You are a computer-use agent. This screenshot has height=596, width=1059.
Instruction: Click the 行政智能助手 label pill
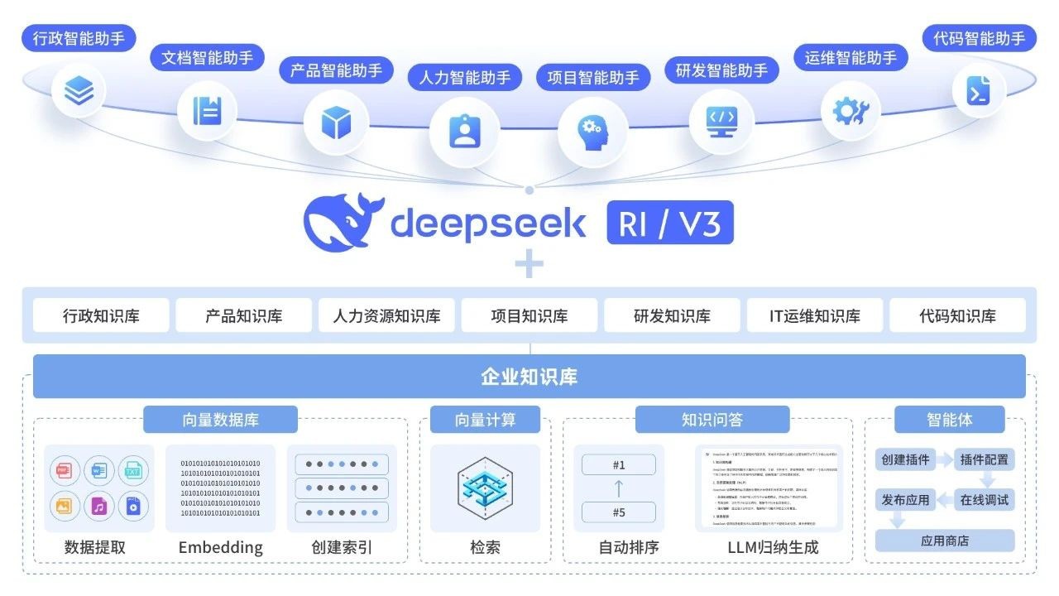tap(78, 38)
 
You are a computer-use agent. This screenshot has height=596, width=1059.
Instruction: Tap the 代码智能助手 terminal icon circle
tap(978, 90)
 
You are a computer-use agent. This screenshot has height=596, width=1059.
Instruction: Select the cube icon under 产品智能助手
tap(336, 123)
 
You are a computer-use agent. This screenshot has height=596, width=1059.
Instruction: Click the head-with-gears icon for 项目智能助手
tap(592, 131)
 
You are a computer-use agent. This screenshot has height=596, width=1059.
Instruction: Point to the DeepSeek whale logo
tap(342, 222)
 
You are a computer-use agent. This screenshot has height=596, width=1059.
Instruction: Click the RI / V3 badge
tap(670, 223)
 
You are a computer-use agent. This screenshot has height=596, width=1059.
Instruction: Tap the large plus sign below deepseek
tap(529, 265)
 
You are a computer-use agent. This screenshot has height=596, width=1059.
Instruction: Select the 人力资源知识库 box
tap(386, 315)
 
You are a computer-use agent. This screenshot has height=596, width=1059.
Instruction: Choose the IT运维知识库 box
tap(814, 315)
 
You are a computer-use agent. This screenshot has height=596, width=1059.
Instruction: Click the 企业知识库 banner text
tap(529, 377)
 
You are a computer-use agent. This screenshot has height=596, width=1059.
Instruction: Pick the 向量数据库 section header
tap(220, 420)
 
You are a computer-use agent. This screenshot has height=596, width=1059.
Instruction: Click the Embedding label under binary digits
tap(220, 547)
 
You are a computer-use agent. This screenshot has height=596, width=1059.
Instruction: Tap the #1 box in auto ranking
tap(619, 464)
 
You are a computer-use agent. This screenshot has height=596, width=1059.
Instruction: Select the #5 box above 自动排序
tap(619, 512)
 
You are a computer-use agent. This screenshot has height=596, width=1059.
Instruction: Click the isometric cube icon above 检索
tap(485, 488)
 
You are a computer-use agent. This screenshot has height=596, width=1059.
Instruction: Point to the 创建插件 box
tap(905, 459)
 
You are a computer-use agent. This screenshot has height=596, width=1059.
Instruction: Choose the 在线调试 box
tap(985, 500)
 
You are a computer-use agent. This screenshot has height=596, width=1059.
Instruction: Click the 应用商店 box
tap(945, 541)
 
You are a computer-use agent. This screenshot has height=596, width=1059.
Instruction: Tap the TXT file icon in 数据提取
tap(132, 472)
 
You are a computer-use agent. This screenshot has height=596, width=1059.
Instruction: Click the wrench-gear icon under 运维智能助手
tap(851, 110)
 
